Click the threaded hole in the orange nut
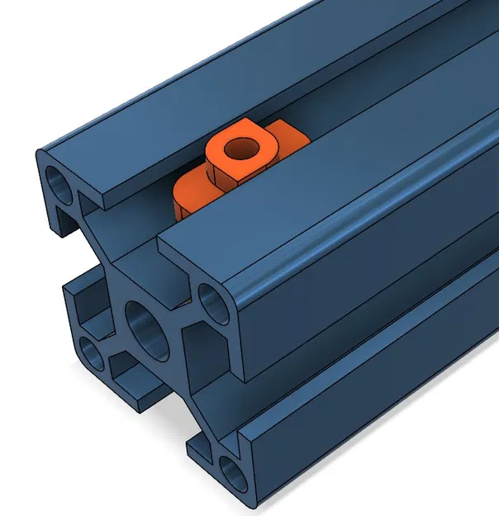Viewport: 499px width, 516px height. click(x=241, y=149)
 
